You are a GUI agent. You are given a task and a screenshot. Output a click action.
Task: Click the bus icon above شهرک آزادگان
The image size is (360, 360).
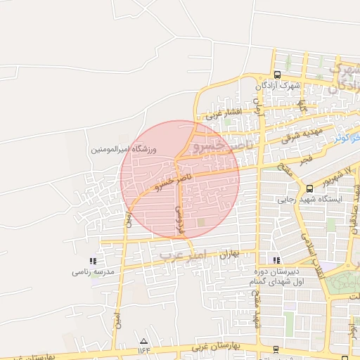coord(277,75)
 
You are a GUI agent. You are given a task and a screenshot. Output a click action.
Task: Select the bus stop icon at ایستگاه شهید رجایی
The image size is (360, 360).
coord(309,188)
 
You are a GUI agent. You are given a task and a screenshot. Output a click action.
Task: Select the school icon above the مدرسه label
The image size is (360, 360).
coord(94,261)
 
